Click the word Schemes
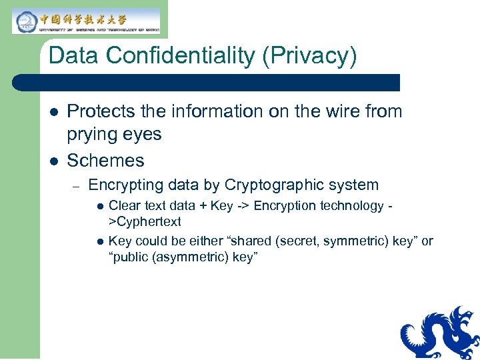click(105, 161)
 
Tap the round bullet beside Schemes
click(54, 161)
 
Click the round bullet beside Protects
click(54, 112)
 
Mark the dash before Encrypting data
click(77, 185)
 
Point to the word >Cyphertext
click(145, 221)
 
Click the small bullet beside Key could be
click(101, 241)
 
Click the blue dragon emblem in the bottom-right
click(439, 333)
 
